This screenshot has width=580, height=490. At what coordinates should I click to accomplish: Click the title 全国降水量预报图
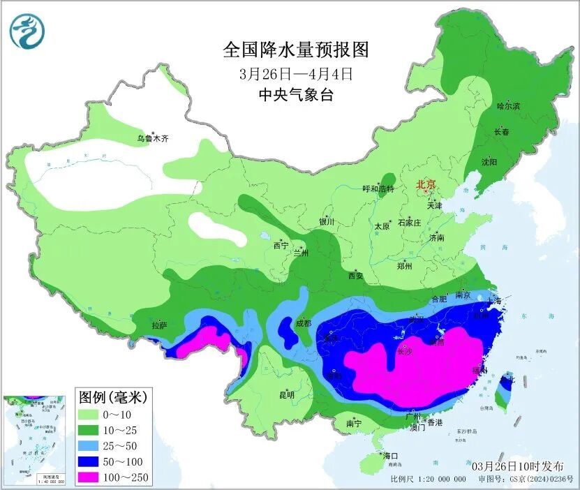point(295,50)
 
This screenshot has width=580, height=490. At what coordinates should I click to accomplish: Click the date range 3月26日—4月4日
point(295,72)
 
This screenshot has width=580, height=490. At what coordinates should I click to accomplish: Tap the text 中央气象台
point(295,94)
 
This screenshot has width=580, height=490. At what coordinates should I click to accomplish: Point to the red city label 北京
point(426,184)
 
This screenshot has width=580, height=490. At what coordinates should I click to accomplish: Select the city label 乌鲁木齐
point(152,139)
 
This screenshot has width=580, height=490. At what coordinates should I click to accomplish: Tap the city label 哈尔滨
point(508,106)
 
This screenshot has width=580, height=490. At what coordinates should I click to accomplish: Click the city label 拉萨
point(159,325)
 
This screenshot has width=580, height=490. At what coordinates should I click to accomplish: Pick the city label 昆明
point(287,395)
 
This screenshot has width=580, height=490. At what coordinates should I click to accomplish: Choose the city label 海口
point(389,456)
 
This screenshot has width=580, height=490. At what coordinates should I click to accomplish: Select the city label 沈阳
point(489,162)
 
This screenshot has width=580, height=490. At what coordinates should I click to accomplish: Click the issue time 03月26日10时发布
point(517,465)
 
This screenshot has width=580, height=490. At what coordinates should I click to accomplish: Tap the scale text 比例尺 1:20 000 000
point(428,479)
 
